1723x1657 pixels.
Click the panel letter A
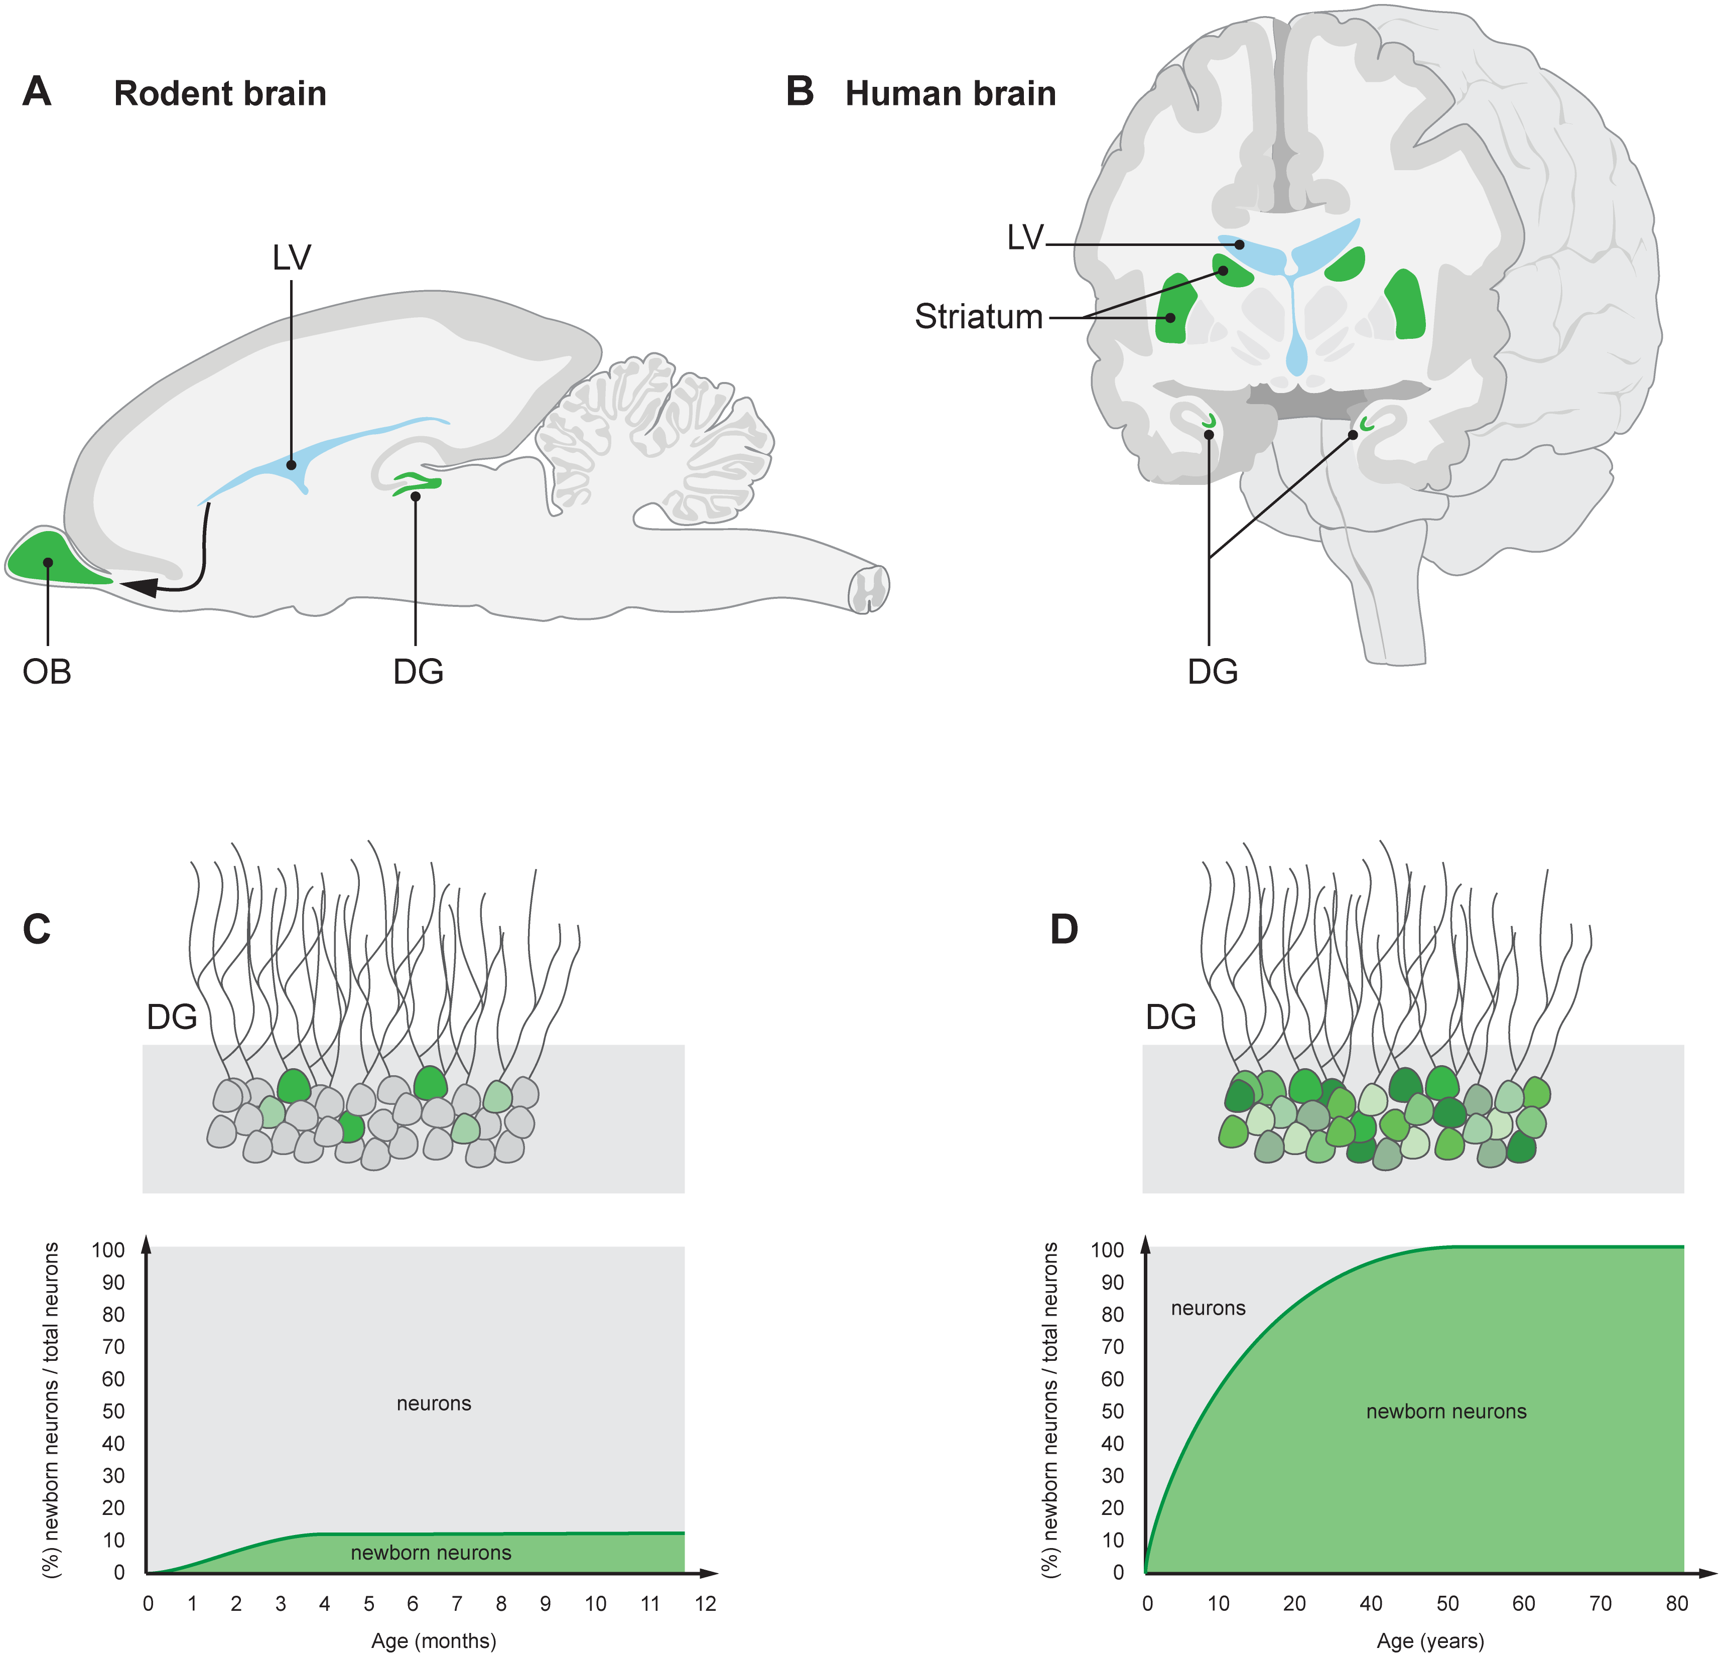pyautogui.click(x=37, y=91)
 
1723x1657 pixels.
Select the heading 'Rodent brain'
pyautogui.click(x=220, y=93)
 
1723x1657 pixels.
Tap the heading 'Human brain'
pyautogui.click(x=950, y=93)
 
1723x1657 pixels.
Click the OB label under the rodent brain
pyautogui.click(x=47, y=672)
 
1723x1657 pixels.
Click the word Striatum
pyautogui.click(x=978, y=316)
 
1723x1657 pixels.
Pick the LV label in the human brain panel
pyautogui.click(x=1025, y=237)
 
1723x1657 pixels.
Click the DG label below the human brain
pyautogui.click(x=1212, y=672)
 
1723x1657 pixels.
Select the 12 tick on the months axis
pyautogui.click(x=705, y=1603)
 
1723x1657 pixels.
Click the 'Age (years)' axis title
pyautogui.click(x=1430, y=1640)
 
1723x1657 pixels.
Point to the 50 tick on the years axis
pyautogui.click(x=1447, y=1603)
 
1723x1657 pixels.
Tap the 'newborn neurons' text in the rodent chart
pyautogui.click(x=431, y=1553)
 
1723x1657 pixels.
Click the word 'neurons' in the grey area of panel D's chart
pyautogui.click(x=1208, y=1308)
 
